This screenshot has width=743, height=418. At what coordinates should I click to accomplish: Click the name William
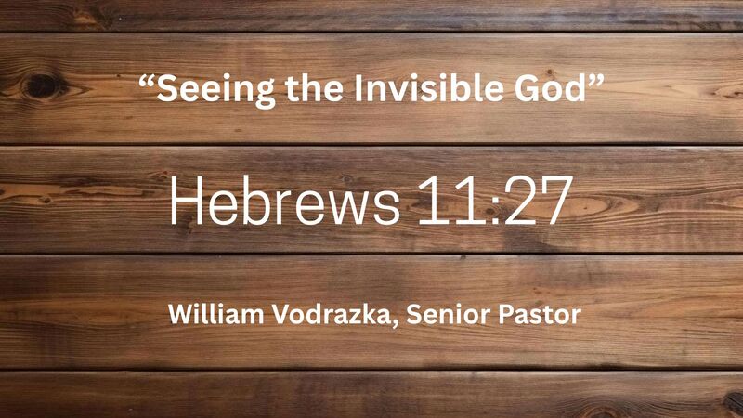211,314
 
